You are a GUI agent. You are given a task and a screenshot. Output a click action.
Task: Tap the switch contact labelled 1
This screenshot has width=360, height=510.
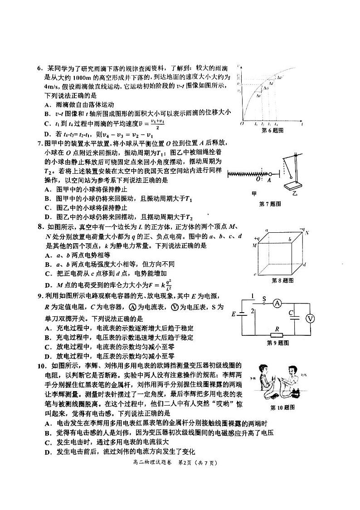click(x=253, y=297)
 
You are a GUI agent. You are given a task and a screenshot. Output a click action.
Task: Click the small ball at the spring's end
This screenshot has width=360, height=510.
click(x=270, y=174)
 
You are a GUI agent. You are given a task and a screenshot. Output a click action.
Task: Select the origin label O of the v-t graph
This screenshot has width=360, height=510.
click(x=242, y=123)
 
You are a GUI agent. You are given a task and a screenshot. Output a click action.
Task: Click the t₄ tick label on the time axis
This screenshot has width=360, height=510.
click(x=276, y=123)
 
